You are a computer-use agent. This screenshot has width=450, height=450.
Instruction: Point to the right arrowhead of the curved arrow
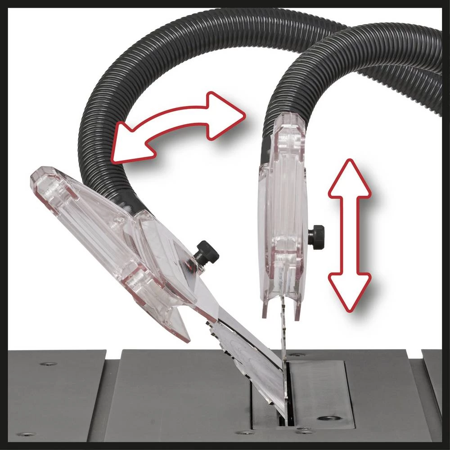point(227,115)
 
